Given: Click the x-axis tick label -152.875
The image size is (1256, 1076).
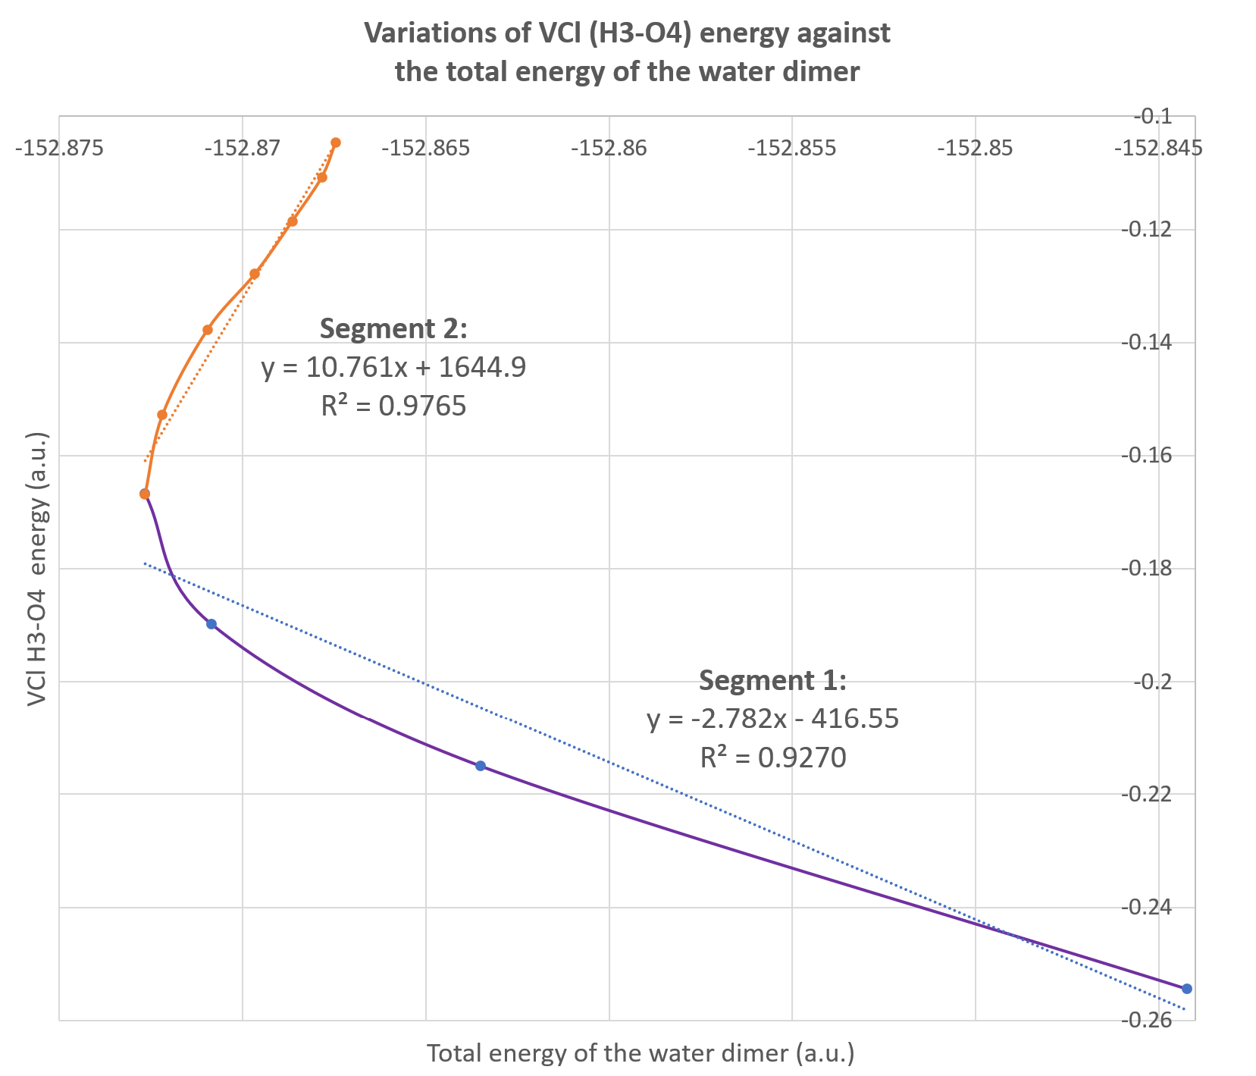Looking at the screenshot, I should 60,149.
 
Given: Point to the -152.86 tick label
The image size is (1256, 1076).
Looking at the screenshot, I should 609,149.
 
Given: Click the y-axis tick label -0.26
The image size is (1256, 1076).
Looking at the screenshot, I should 1152,1020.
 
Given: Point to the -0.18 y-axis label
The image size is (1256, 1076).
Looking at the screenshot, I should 1152,568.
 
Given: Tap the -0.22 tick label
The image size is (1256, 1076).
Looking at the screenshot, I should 1152,794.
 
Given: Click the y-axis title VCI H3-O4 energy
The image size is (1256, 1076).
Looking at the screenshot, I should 38,569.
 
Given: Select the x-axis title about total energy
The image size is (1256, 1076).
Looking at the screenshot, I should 641,1053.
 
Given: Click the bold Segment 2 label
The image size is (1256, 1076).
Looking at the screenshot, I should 393,329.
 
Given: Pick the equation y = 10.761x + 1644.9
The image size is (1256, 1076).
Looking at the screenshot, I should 393,368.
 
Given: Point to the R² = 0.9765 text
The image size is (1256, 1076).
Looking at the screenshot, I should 393,407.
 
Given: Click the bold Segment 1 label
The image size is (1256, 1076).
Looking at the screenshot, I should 772,680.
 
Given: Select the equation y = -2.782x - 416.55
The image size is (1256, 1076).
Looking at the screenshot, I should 772,718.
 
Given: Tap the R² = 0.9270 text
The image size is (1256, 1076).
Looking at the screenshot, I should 772,758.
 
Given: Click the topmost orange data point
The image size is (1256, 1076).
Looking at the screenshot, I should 336,143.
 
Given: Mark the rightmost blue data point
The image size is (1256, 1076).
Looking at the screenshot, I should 1187,988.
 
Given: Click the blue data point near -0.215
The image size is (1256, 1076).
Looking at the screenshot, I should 480,766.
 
